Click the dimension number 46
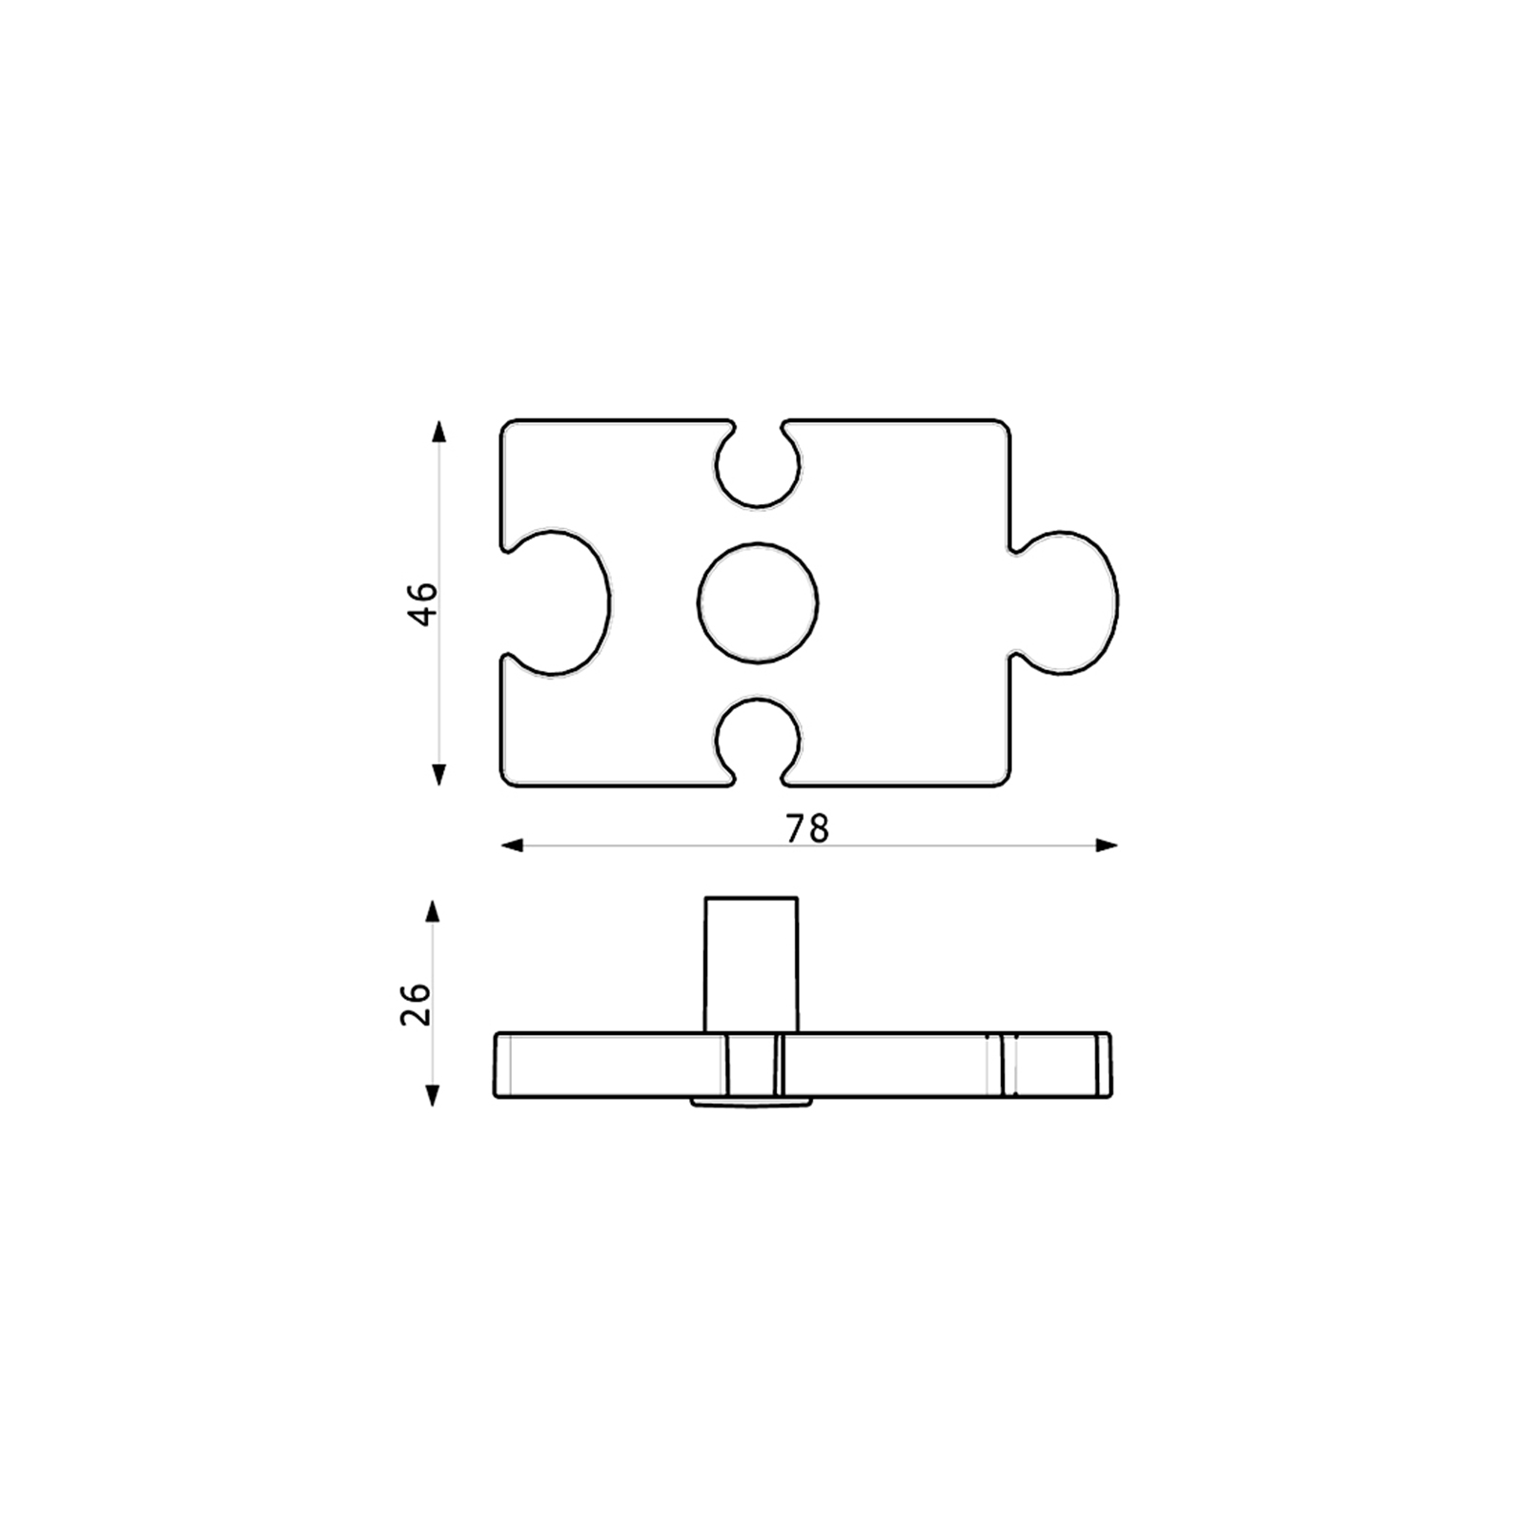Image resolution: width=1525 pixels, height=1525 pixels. tap(422, 602)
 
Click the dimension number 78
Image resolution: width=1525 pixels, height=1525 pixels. tap(807, 829)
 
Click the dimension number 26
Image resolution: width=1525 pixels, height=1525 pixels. tap(417, 1003)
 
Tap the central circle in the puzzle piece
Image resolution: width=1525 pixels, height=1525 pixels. tap(758, 602)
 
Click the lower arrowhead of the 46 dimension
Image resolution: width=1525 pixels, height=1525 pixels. tap(438, 775)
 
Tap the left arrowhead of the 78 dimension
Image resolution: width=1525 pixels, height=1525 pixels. tap(512, 845)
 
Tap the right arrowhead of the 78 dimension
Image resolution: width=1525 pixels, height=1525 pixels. tap(1107, 845)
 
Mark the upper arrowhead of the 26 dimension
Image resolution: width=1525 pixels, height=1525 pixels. tap(433, 911)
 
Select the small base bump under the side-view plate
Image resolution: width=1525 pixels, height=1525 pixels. tap(751, 1102)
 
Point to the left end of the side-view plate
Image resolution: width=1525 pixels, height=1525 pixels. tap(498, 1064)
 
